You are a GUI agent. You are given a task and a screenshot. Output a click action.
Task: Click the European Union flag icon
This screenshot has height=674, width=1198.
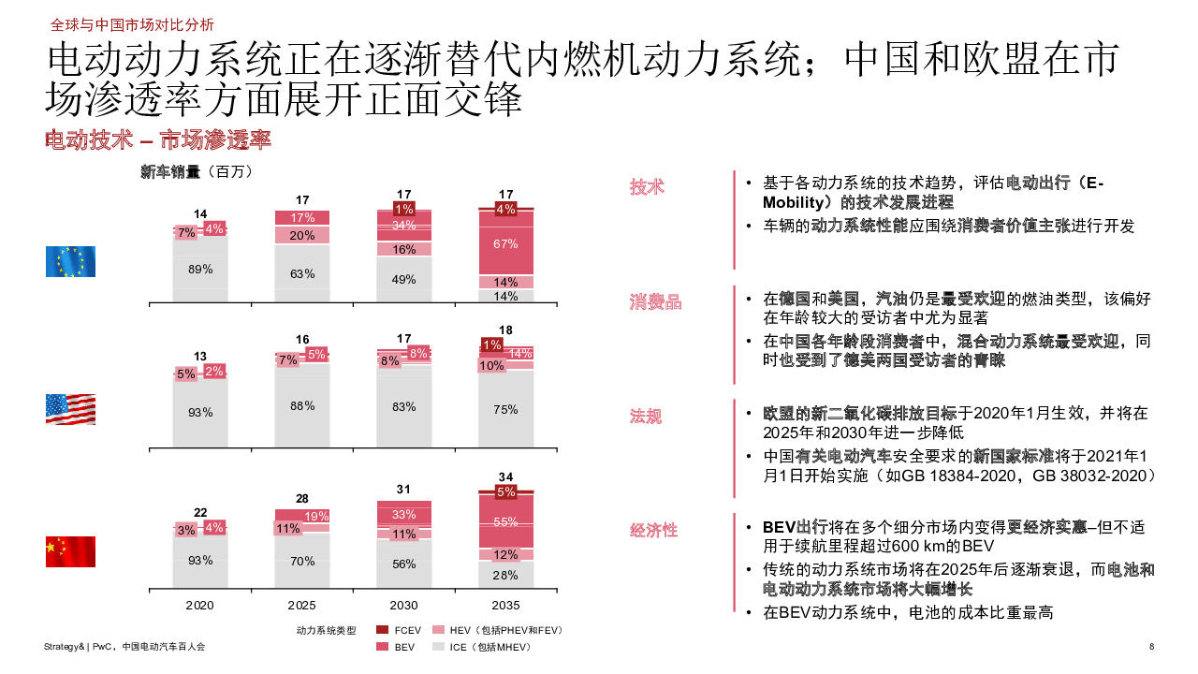click(70, 261)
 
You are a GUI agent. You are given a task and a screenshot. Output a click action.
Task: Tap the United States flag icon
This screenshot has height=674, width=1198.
click(70, 409)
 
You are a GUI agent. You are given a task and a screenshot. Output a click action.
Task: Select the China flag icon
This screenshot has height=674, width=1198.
click(70, 551)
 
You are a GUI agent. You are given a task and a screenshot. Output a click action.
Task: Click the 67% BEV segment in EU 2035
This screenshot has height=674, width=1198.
click(505, 243)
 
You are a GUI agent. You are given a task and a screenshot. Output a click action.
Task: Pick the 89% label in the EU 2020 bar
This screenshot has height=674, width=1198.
click(200, 269)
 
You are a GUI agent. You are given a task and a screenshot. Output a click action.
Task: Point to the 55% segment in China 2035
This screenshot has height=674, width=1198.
click(505, 522)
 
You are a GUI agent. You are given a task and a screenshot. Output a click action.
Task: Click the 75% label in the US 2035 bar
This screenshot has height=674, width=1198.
click(505, 408)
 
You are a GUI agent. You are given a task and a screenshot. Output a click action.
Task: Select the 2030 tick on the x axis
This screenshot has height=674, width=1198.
click(404, 605)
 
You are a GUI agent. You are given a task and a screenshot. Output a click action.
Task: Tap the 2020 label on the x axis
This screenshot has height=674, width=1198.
click(200, 605)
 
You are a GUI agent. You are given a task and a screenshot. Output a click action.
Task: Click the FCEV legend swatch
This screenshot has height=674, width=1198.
click(382, 630)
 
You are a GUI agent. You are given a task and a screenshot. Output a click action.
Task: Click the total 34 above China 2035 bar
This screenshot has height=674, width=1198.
click(505, 476)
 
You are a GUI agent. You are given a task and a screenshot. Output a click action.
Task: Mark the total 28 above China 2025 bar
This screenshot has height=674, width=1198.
click(302, 498)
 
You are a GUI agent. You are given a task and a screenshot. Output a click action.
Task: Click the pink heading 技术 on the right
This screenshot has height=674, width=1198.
click(647, 186)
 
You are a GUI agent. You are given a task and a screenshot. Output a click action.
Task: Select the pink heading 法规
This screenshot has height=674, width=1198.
click(646, 417)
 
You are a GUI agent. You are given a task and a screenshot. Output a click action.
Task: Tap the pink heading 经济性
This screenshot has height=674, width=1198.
click(653, 530)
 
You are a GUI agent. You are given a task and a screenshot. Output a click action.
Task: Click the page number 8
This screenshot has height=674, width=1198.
click(1151, 647)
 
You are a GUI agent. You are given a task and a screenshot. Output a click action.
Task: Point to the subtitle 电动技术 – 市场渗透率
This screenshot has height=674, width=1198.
click(158, 140)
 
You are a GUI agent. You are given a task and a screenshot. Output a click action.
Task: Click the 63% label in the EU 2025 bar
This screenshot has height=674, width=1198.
click(302, 274)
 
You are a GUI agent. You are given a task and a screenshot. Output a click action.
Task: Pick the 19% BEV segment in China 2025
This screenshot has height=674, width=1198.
click(316, 516)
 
